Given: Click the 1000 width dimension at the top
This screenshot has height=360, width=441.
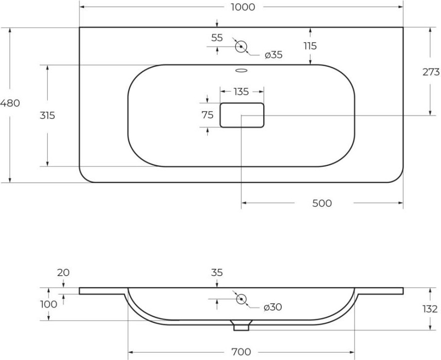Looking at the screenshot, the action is point(243,7).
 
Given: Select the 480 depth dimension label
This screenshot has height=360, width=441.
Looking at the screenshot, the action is point(10,103).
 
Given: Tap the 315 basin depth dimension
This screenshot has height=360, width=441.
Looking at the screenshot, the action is point(47,115).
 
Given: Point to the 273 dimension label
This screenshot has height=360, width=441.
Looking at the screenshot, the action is point(431,72).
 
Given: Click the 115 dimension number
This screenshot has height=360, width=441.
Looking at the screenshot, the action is point(310,46).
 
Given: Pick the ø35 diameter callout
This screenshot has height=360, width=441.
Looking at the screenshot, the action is point(273,55).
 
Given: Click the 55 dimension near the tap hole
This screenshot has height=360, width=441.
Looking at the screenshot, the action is point(217,38).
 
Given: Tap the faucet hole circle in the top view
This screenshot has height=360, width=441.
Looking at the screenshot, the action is point(241,47).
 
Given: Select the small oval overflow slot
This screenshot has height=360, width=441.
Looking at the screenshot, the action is point(241,70).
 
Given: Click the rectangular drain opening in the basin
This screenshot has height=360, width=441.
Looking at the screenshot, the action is point(242,115).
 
